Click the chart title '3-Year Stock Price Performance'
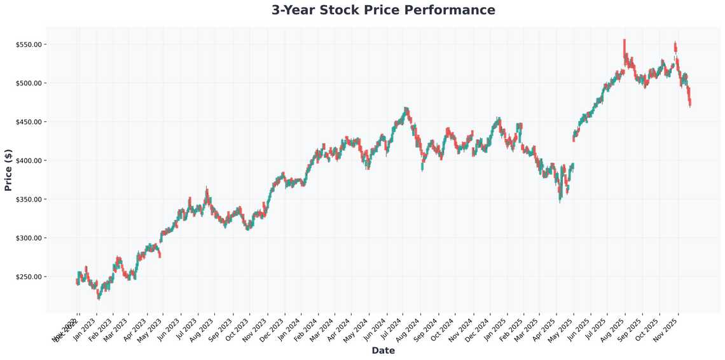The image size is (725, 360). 383,10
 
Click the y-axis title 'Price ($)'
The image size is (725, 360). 8,169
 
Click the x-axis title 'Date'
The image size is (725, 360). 383,350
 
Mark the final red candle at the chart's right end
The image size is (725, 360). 690,100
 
